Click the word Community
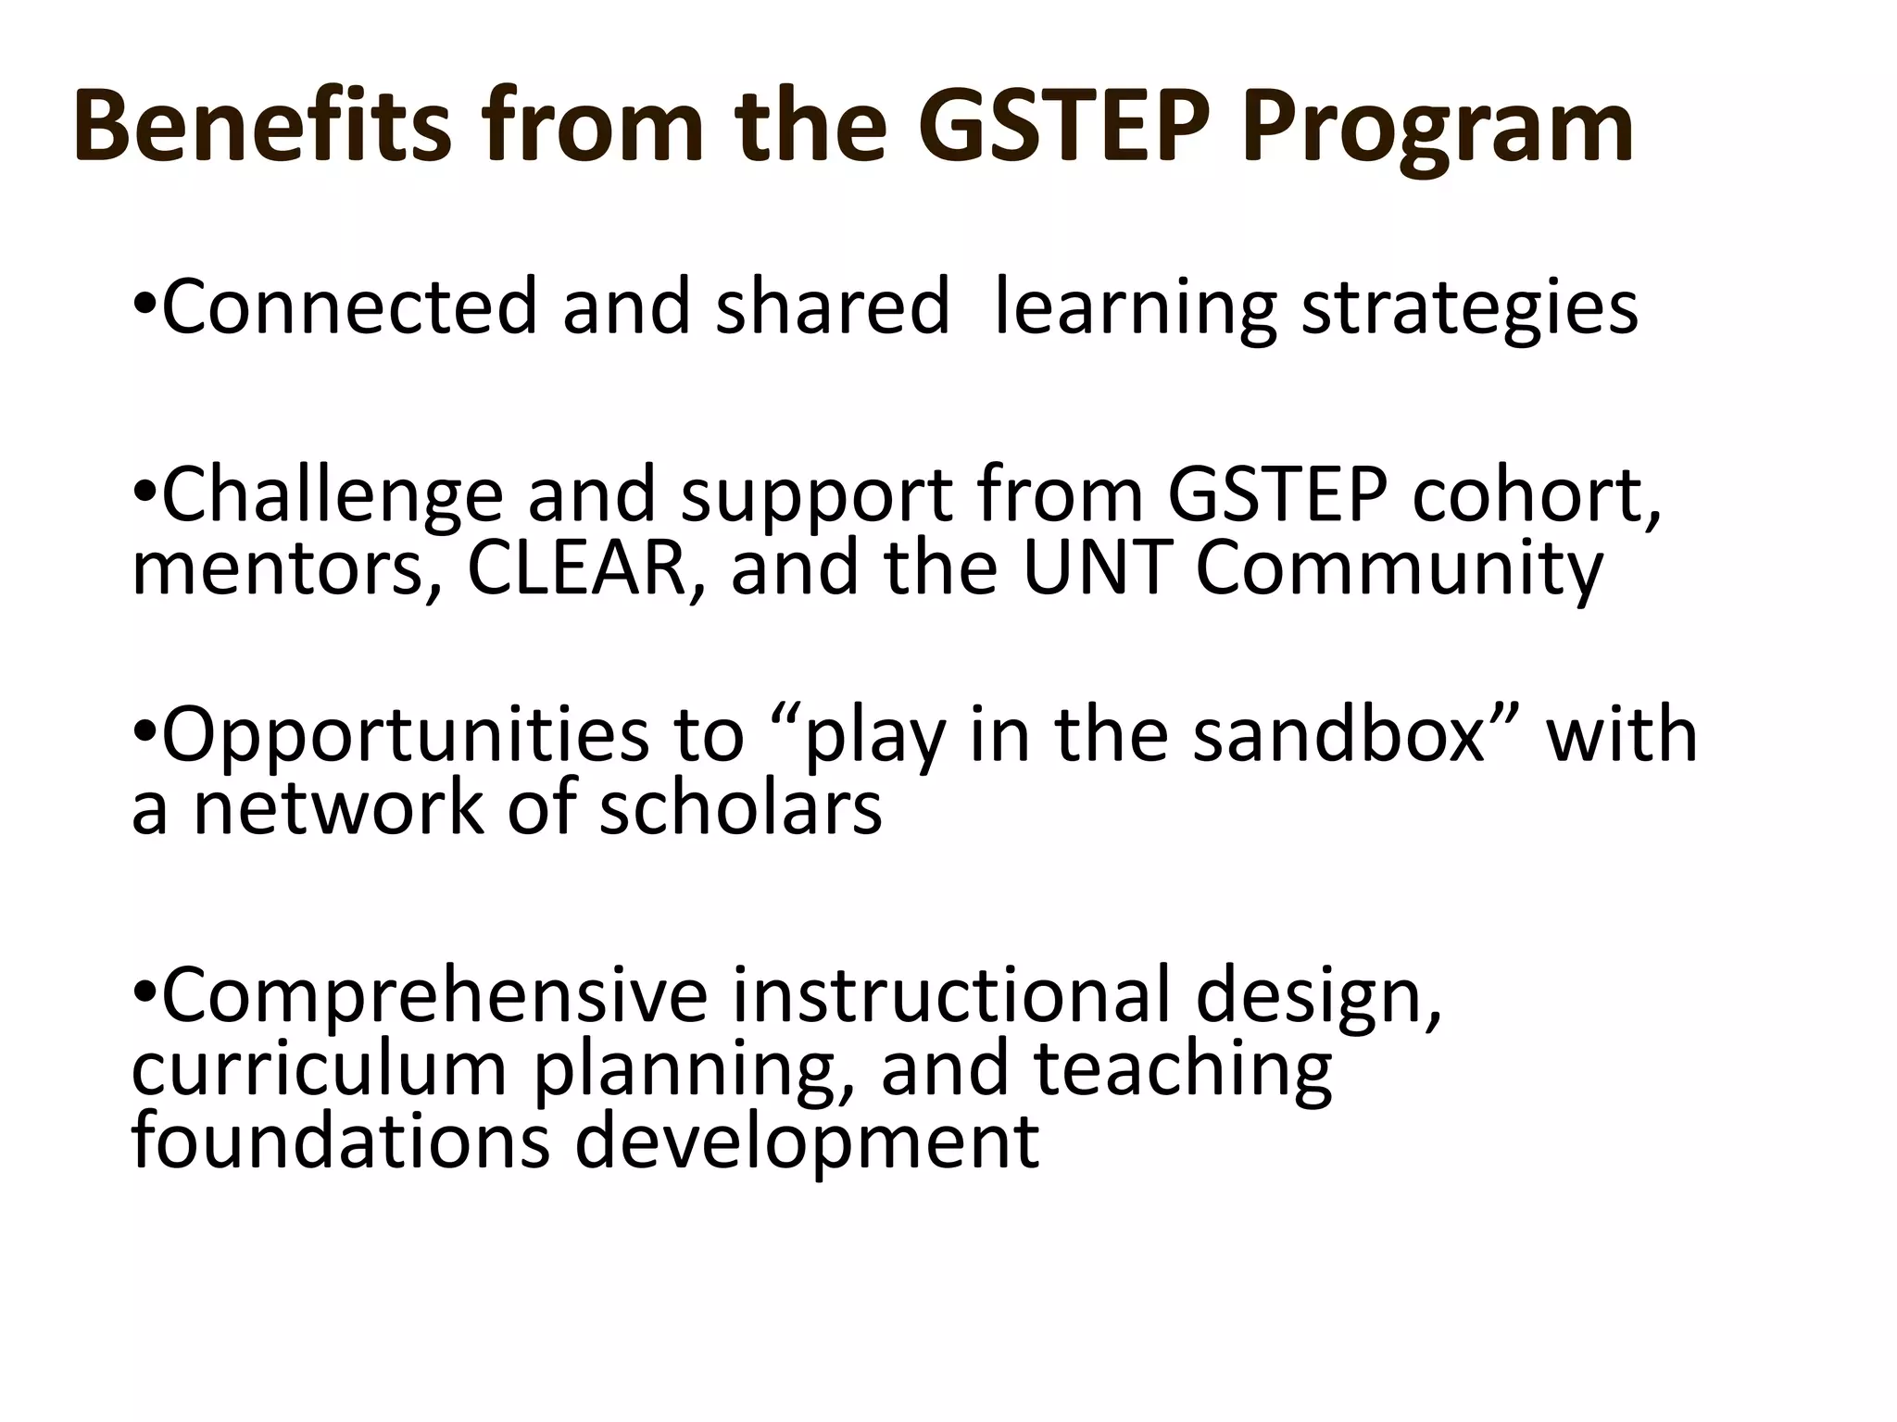1399,569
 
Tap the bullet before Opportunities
145,733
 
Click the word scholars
740,808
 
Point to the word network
339,808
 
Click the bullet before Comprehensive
145,993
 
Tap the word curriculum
320,1069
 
